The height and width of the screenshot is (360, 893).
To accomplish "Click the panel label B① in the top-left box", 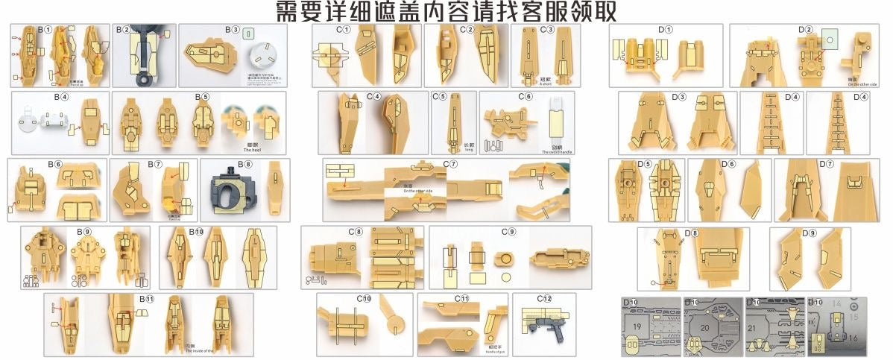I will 44,31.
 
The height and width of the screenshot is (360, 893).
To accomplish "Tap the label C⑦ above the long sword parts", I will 449,163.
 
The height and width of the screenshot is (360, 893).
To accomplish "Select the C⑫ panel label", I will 544,298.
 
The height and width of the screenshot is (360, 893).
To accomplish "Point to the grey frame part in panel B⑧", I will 236,192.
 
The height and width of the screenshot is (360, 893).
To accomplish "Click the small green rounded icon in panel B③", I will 249,34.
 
